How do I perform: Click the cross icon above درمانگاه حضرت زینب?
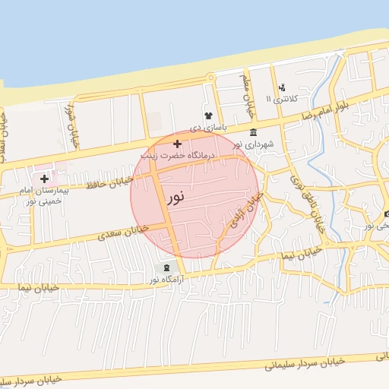click(177, 143)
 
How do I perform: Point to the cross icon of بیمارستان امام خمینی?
click(45, 178)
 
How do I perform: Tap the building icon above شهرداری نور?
click(253, 133)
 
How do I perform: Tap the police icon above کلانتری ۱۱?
click(283, 87)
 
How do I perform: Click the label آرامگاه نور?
click(166, 280)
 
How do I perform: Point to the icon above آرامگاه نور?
click(166, 267)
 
